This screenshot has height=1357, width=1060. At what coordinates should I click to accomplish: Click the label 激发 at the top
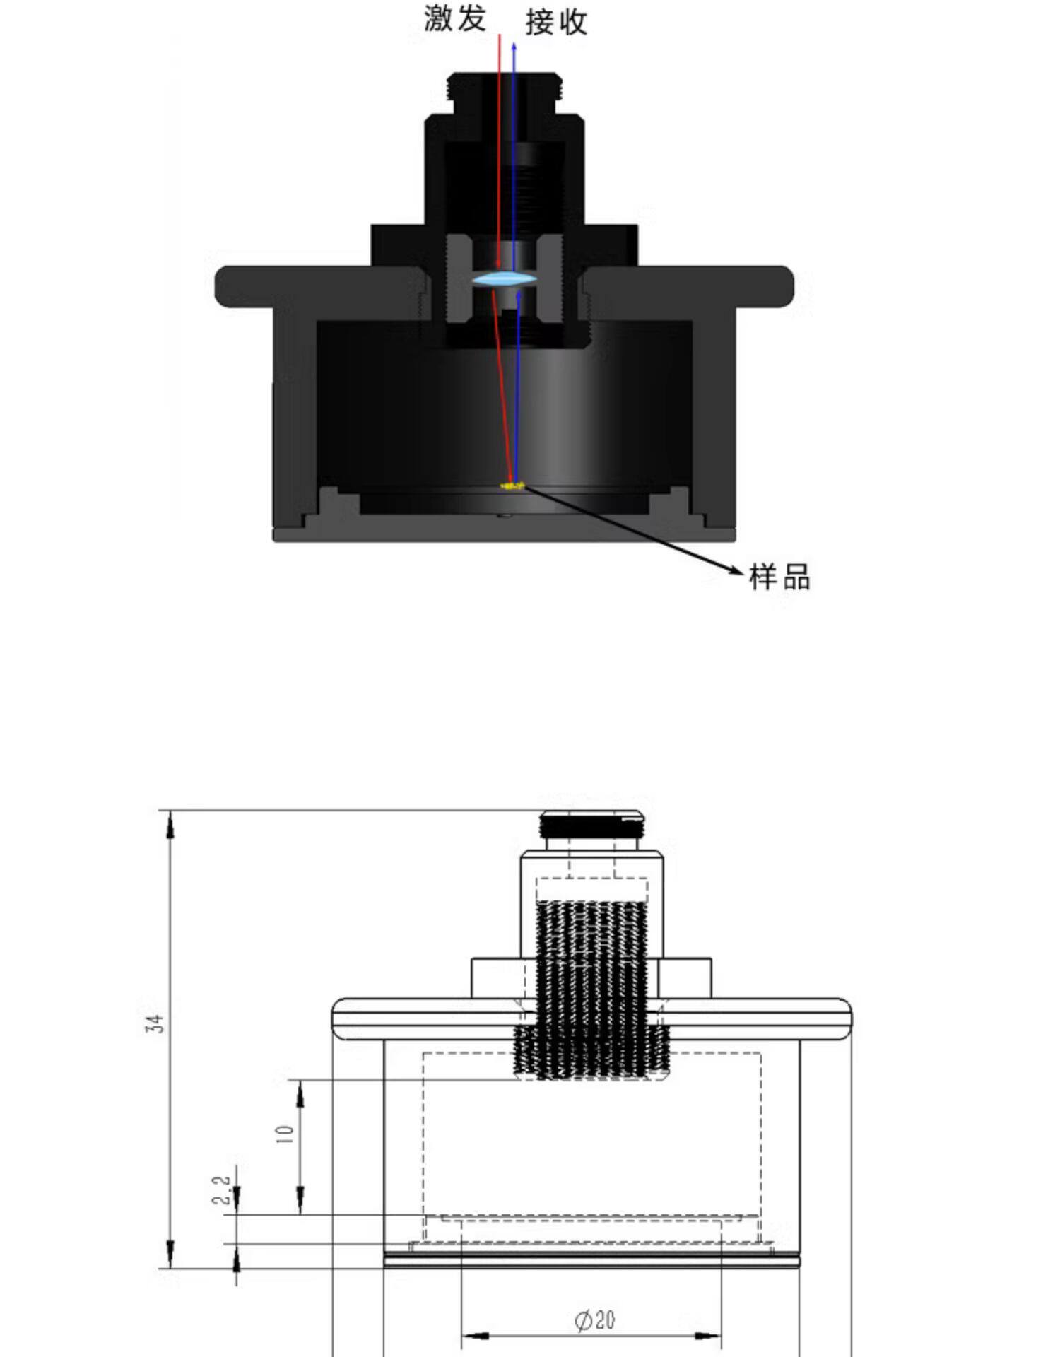pos(455,18)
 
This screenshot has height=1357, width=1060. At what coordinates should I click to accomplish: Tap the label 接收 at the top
pos(556,22)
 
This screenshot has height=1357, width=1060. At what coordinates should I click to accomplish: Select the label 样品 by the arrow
pos(779,577)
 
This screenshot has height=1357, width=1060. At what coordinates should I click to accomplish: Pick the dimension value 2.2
pos(221,1189)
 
